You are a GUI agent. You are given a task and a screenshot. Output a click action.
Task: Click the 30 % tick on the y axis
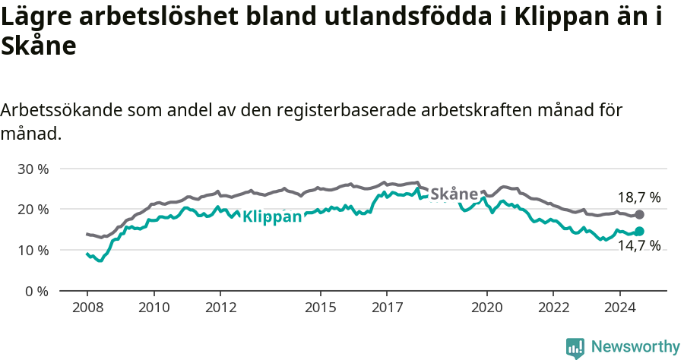point(32,169)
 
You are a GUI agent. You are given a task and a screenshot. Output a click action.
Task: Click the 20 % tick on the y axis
point(32,209)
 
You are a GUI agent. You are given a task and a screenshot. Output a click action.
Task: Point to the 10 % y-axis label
point(32,250)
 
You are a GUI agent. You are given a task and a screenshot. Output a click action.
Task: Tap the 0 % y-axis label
point(36,291)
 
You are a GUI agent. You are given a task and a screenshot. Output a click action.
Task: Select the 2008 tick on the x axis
point(87,308)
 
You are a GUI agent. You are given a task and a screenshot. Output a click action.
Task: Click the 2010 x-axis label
point(154,308)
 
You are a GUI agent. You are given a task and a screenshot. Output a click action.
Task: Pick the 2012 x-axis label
point(220,308)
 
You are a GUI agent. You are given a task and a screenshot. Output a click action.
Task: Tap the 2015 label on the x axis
point(320,308)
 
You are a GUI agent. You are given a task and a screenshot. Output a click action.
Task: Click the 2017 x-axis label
point(386,308)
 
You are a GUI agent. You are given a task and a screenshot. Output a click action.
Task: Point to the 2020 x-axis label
point(486,308)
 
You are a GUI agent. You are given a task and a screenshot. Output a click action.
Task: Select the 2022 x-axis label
point(553,308)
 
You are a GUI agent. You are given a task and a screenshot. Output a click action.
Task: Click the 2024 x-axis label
point(619,308)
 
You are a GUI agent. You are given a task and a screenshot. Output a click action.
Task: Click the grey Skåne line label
point(454,194)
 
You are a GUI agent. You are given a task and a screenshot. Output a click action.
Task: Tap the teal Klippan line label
point(272,216)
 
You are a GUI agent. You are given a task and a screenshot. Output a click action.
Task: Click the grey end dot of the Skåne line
point(639,215)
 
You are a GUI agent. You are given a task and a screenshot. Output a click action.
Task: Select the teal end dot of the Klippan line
point(639,231)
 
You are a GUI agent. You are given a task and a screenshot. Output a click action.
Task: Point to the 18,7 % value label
point(638,197)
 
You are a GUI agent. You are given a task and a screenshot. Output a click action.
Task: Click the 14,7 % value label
point(638,245)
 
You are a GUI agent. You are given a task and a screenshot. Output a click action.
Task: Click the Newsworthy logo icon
point(575,347)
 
